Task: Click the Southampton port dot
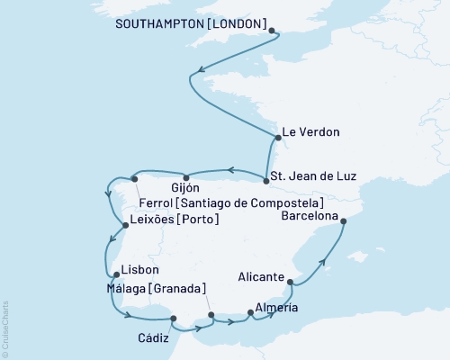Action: coord(272,30)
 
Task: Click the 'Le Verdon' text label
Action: coord(310,132)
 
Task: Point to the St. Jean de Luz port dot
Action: coord(265,181)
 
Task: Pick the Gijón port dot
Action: coord(185,176)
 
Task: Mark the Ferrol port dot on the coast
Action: coord(134,179)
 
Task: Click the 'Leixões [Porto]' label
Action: coord(175,219)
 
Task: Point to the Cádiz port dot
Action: coord(174,318)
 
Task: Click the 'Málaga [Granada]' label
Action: coord(154,288)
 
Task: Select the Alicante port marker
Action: coord(291,283)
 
